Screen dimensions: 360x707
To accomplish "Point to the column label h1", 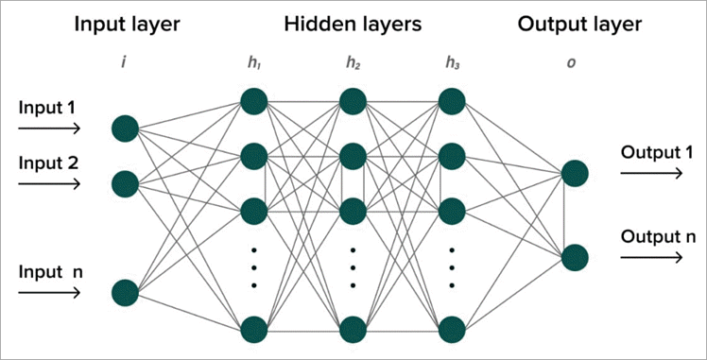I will tap(251, 63).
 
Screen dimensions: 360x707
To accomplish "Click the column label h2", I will tap(353, 63).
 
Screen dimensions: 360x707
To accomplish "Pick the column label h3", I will tap(451, 63).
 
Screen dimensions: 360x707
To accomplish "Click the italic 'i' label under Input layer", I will tap(124, 63).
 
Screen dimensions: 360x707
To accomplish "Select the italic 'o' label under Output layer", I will tap(571, 63).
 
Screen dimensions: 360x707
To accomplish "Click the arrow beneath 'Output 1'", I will tap(651, 174).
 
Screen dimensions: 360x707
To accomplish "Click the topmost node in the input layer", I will tap(125, 128).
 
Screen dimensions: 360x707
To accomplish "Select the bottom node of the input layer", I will tap(125, 292).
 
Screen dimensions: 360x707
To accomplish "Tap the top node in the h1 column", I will tap(253, 99).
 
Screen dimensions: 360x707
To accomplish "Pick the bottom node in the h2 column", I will tap(353, 328).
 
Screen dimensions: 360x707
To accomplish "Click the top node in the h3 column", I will tap(452, 99).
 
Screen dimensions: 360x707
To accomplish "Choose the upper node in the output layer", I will tap(575, 173).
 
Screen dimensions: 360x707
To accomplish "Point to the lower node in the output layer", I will tap(575, 257).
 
